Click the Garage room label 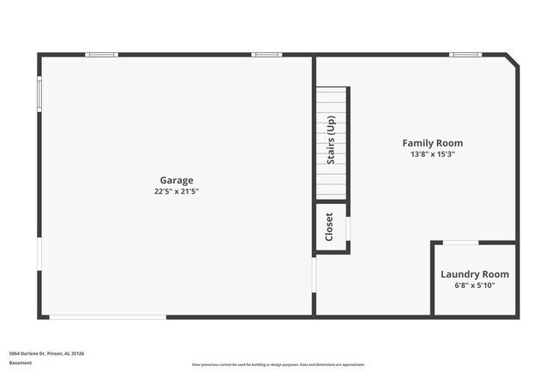pos(177,180)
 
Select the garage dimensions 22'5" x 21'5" pos(177,191)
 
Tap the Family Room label pos(433,143)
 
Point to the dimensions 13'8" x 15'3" pos(433,154)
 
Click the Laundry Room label pos(475,274)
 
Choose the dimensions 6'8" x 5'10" pos(475,285)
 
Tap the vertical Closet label pos(329,227)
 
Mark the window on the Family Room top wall pos(466,55)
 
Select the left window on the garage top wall pos(101,55)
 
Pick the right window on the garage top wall pos(266,55)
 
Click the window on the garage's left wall pos(39,94)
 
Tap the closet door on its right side pos(348,228)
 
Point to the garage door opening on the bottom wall pos(107,317)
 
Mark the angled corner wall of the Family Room pos(512,62)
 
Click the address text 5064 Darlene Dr pos(46,353)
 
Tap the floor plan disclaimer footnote pos(278,364)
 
